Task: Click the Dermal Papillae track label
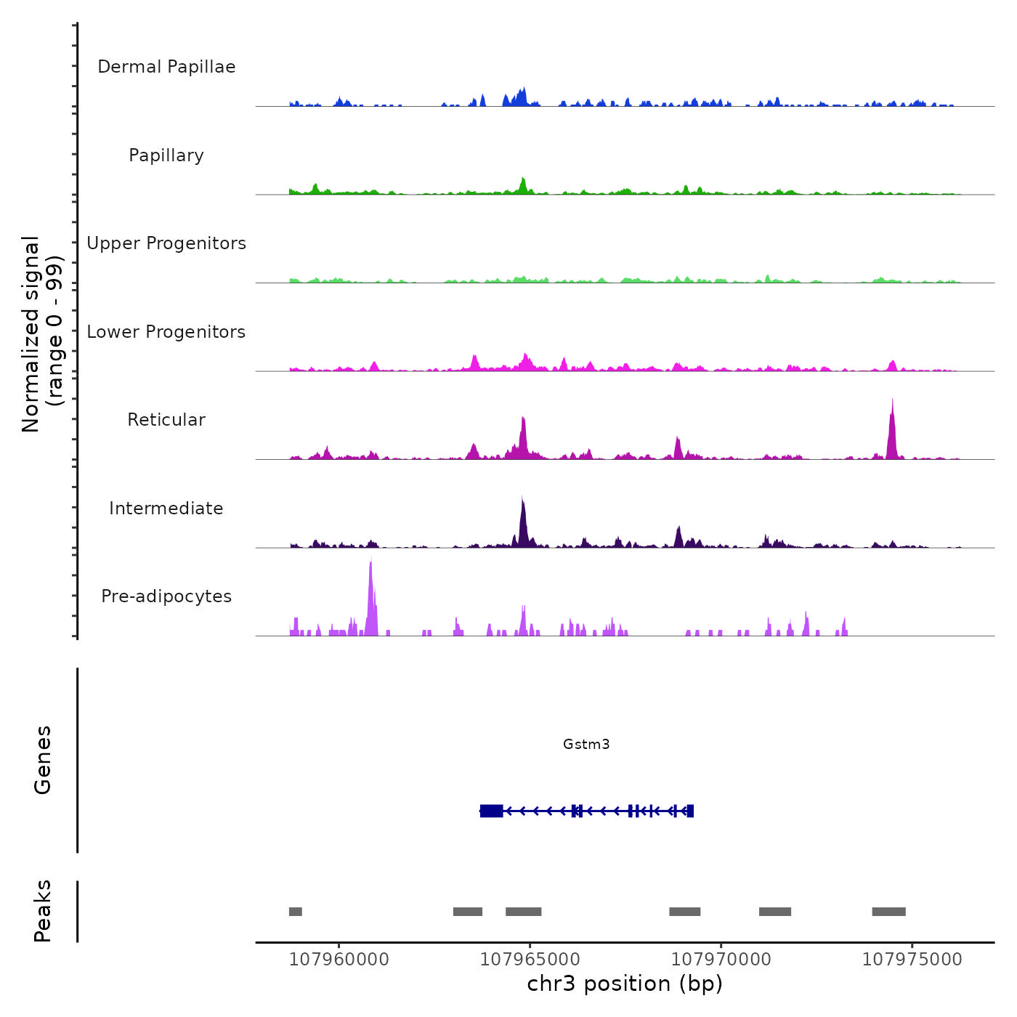[166, 67]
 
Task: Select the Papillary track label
[166, 155]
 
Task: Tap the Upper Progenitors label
[166, 243]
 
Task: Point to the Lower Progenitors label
[166, 332]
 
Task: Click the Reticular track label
[166, 420]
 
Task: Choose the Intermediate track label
[166, 508]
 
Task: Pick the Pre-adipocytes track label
[166, 596]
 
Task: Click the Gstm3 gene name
[586, 744]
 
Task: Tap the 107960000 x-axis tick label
[339, 960]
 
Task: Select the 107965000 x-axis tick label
[530, 960]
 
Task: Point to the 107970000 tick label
[721, 960]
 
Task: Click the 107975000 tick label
[912, 960]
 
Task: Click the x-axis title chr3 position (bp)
[625, 984]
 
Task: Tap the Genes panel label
[43, 760]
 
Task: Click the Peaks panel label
[43, 911]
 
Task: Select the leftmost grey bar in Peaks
[295, 912]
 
